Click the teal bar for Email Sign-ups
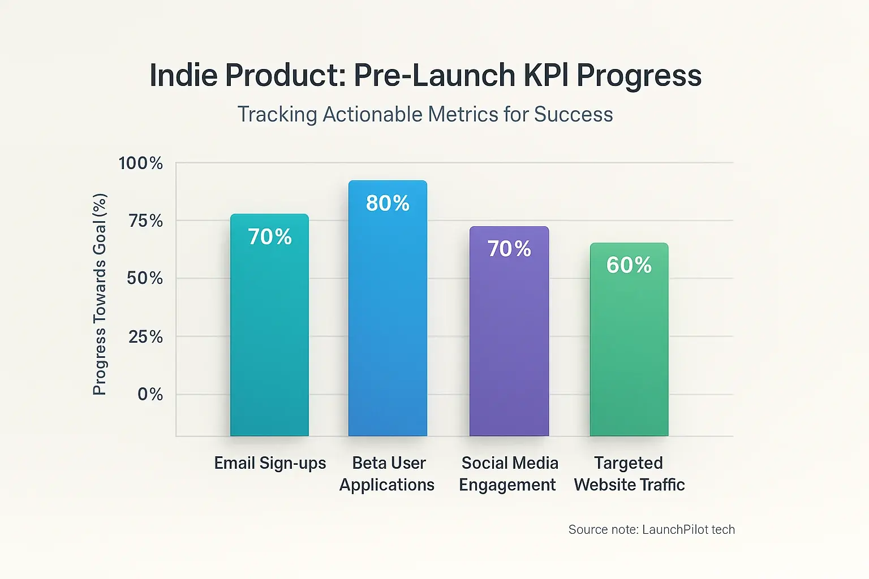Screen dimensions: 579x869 [x=269, y=339]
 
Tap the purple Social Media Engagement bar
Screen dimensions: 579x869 [x=509, y=345]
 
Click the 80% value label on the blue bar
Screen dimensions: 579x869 [x=388, y=203]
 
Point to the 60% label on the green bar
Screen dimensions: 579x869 [x=629, y=265]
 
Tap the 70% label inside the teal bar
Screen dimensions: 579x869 [x=270, y=236]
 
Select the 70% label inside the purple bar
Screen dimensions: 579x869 [x=509, y=248]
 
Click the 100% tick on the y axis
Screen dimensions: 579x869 [x=140, y=163]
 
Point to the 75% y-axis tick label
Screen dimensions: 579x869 [x=145, y=221]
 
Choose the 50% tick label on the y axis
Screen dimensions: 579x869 [x=145, y=278]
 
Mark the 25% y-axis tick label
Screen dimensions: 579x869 [x=145, y=337]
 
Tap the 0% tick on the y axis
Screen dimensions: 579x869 [x=150, y=394]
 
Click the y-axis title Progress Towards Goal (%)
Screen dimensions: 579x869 [x=100, y=294]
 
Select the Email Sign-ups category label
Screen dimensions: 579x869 [x=270, y=463]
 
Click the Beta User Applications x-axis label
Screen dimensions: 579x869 [x=388, y=474]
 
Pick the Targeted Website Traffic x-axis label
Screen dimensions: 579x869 [x=629, y=474]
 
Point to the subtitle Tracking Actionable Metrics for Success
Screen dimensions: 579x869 [x=425, y=114]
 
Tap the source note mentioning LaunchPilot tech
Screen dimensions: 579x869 [x=651, y=529]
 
